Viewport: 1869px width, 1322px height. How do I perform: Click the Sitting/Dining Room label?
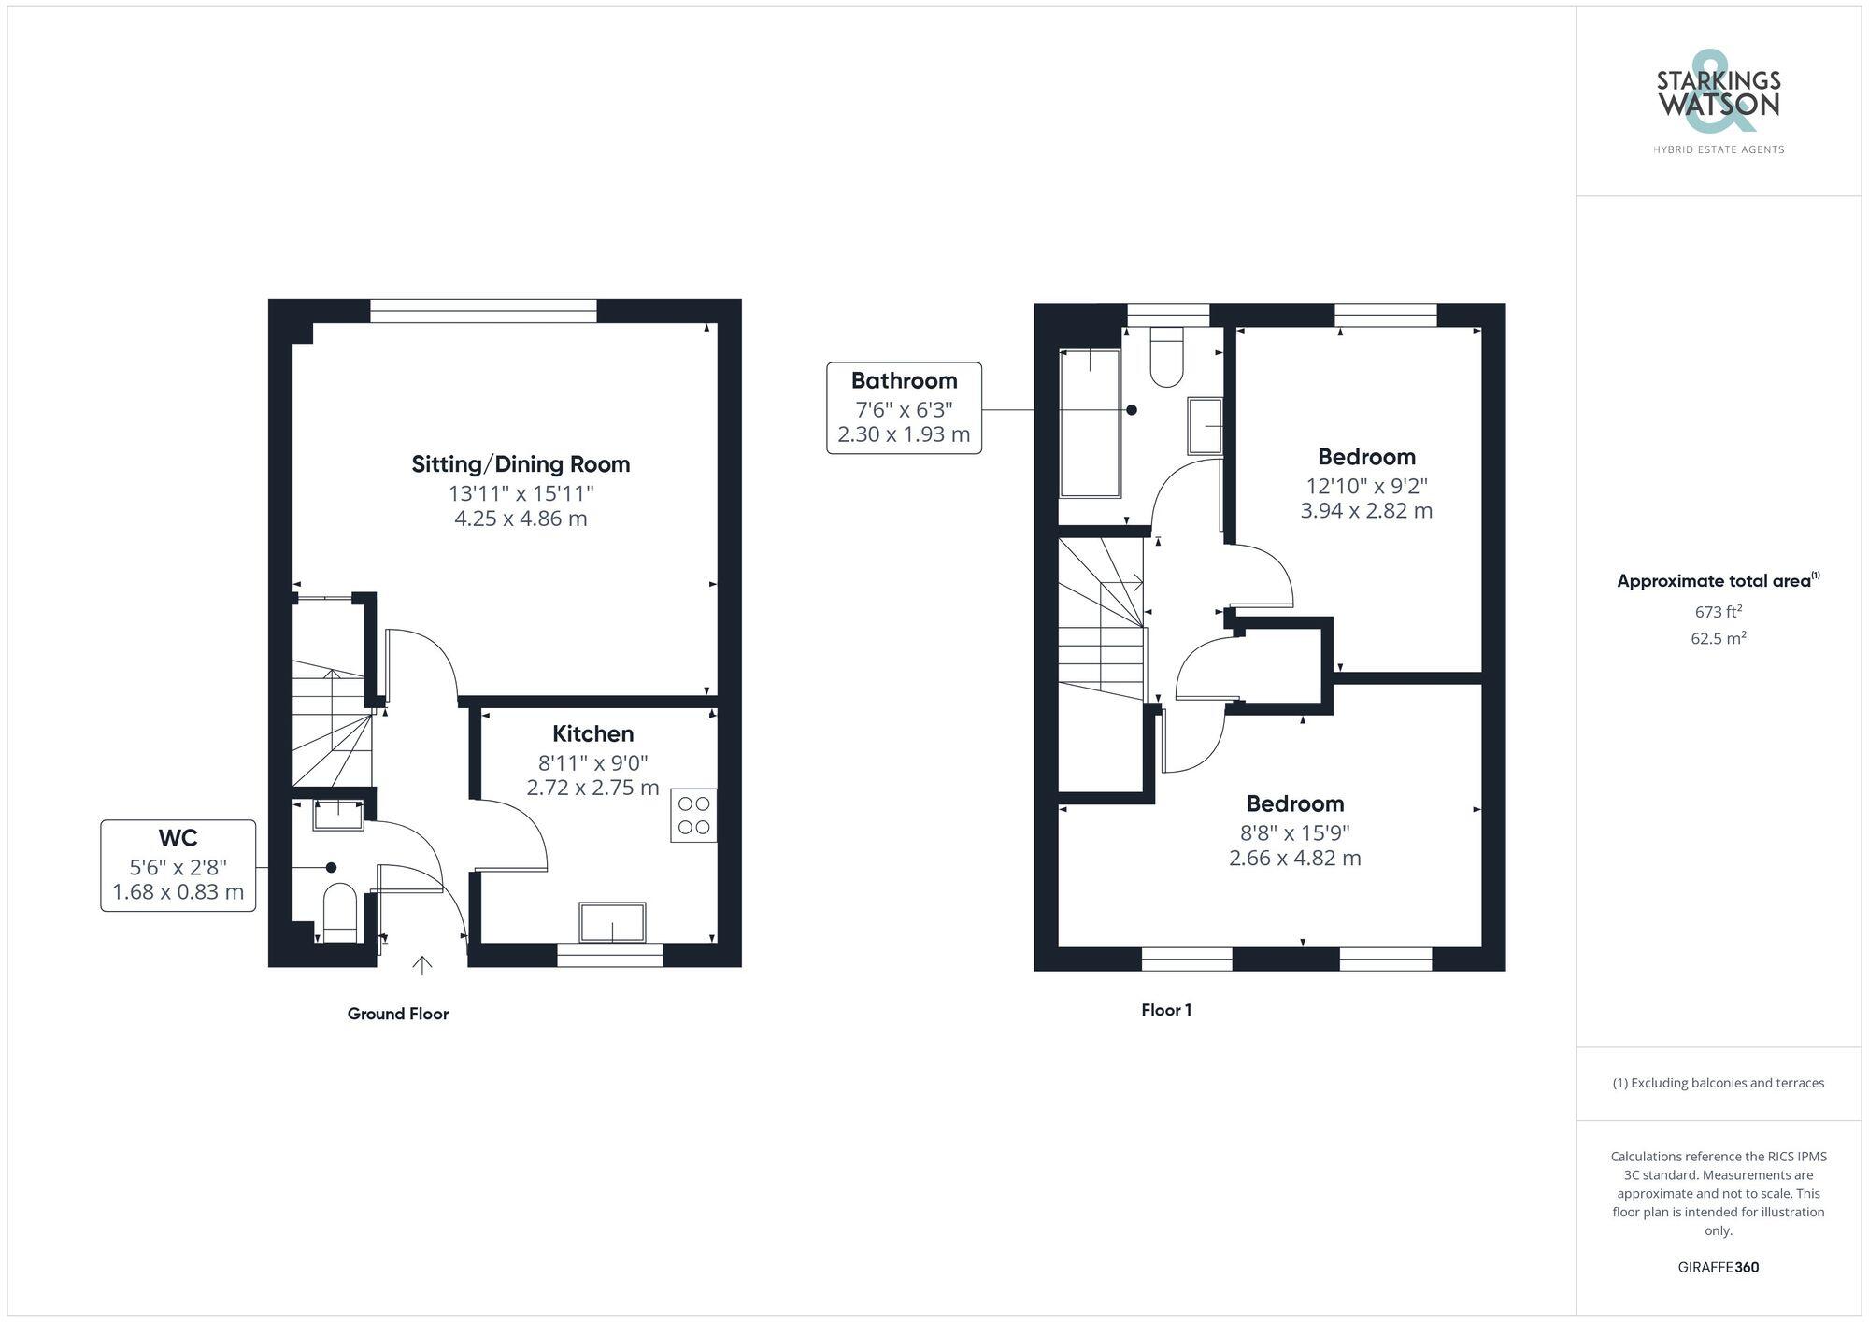click(x=521, y=464)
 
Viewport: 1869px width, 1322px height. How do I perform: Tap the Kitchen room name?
click(x=592, y=734)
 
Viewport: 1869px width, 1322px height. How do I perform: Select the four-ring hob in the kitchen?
click(x=693, y=816)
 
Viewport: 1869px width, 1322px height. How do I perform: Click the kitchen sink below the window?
click(x=612, y=923)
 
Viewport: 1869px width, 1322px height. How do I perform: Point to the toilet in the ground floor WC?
click(x=339, y=913)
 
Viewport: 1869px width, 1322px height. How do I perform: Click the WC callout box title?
click(x=178, y=838)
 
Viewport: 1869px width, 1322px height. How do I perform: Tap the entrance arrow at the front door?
click(x=422, y=965)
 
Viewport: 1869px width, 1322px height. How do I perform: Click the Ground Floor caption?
click(x=398, y=1014)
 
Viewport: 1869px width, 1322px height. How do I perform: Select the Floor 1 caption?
click(x=1165, y=1010)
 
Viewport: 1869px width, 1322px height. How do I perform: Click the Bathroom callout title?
click(x=904, y=381)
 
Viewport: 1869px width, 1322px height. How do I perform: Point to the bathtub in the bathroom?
click(x=1089, y=423)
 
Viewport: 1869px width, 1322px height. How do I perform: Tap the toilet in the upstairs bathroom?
click(x=1166, y=358)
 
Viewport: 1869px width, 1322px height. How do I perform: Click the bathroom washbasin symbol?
click(x=1206, y=426)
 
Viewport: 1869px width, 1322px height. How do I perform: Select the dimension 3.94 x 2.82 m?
click(x=1365, y=511)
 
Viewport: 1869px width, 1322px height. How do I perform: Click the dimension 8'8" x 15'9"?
click(x=1294, y=832)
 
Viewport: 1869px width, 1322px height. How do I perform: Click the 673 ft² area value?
click(x=1718, y=613)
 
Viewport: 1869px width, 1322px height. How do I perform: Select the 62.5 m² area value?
click(x=1718, y=639)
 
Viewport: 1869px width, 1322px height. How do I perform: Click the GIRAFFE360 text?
click(x=1718, y=1268)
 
